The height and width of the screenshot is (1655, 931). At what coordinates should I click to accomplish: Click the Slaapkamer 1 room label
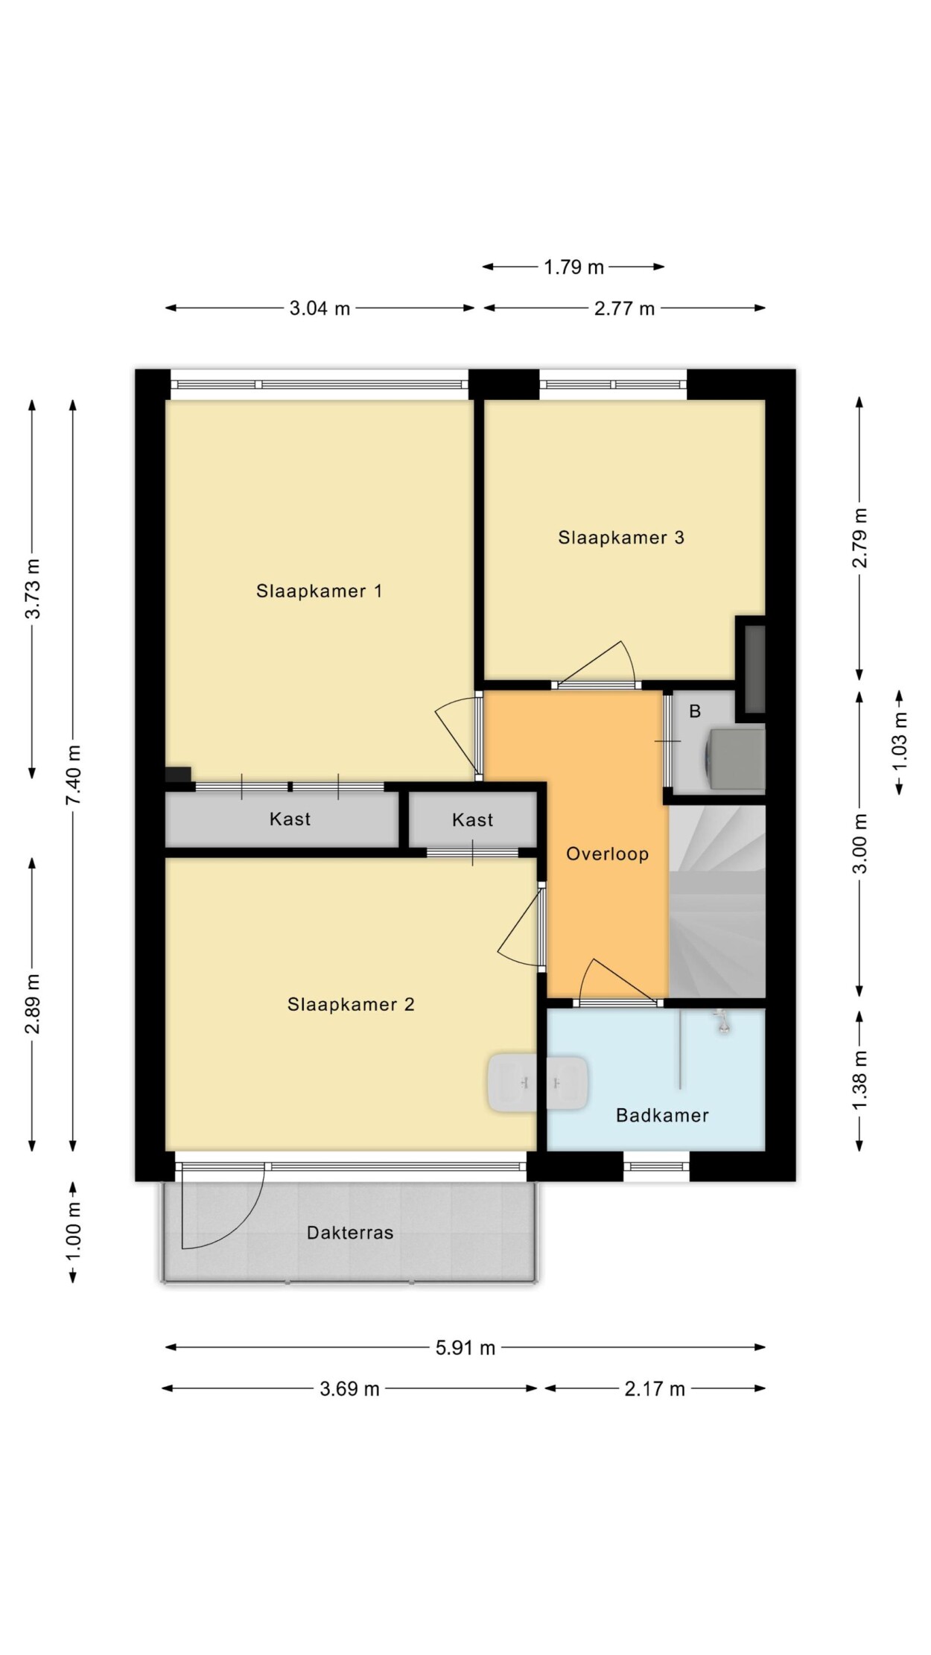pyautogui.click(x=319, y=591)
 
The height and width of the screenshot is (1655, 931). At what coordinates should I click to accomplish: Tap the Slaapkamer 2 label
pyautogui.click(x=351, y=1004)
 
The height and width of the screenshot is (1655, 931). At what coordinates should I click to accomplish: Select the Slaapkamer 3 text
pyautogui.click(x=621, y=537)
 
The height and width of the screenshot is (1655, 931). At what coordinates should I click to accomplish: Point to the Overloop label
pyautogui.click(x=607, y=854)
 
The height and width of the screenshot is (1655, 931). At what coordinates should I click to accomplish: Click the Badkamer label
pyautogui.click(x=662, y=1115)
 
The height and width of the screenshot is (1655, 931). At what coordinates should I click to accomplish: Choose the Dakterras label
pyautogui.click(x=350, y=1233)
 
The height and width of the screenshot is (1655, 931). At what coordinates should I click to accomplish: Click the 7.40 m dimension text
pyautogui.click(x=74, y=774)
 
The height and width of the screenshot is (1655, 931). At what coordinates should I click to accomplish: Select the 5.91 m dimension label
pyautogui.click(x=465, y=1347)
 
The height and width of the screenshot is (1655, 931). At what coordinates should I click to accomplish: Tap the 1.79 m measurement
pyautogui.click(x=573, y=267)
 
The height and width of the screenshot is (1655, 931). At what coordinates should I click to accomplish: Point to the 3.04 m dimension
pyautogui.click(x=320, y=308)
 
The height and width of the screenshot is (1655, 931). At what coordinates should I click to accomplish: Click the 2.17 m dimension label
pyautogui.click(x=655, y=1388)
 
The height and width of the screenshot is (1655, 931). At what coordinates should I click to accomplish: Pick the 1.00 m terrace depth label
pyautogui.click(x=74, y=1231)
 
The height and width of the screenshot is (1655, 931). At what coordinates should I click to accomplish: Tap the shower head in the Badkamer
pyautogui.click(x=721, y=1022)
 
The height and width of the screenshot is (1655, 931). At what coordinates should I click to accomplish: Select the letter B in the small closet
pyautogui.click(x=695, y=711)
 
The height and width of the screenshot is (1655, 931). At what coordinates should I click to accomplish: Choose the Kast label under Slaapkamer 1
pyautogui.click(x=290, y=819)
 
